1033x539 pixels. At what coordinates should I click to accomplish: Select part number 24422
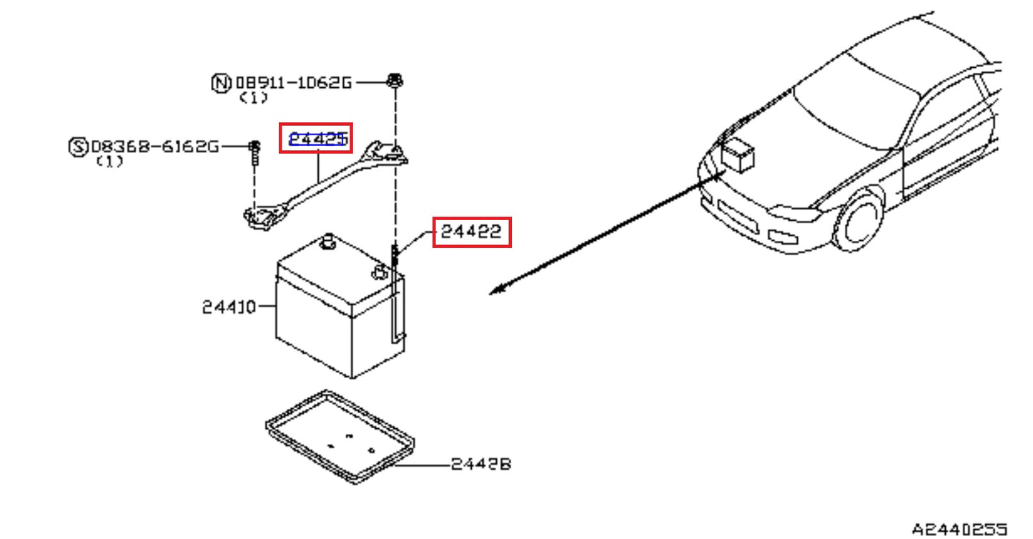coord(471,232)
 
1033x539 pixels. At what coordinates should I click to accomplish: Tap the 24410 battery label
coord(228,307)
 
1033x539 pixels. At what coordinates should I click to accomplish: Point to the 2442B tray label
coord(481,465)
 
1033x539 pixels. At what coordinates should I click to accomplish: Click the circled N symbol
coord(221,83)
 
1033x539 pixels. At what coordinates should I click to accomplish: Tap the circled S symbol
coord(77,147)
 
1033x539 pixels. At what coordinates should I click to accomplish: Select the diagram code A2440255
coord(959,530)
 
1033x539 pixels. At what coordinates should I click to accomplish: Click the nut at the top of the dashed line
coord(393,81)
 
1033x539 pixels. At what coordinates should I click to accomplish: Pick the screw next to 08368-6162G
coord(254,150)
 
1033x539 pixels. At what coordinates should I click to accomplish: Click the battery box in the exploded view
coord(336,315)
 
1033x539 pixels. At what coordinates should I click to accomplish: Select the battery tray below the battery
coord(340,436)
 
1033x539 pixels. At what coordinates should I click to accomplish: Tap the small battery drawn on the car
coord(737,155)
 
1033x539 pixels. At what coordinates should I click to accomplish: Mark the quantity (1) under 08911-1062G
coord(253,98)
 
